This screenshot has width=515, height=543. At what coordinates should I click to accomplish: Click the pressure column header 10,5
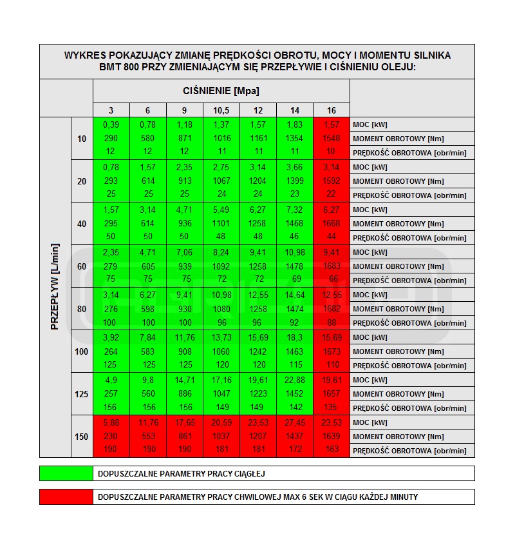[221, 110]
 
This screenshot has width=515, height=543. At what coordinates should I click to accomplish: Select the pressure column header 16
[332, 110]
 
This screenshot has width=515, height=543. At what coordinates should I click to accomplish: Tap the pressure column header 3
[111, 110]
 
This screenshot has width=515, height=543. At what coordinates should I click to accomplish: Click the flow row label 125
[82, 394]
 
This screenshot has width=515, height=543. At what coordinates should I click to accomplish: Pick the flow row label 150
[82, 437]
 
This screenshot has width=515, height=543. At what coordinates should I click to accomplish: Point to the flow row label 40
[82, 224]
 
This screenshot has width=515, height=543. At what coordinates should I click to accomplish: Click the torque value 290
[111, 139]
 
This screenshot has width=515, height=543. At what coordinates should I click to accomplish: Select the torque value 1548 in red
[332, 139]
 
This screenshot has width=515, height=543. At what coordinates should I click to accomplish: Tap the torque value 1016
[221, 139]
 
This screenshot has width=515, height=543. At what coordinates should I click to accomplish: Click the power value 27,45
[295, 422]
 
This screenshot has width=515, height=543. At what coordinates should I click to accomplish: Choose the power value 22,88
[295, 380]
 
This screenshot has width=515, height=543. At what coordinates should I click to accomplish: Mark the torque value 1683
[332, 266]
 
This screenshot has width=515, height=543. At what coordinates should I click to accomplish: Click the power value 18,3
[295, 337]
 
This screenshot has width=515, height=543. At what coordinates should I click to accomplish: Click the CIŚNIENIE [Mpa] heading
[221, 91]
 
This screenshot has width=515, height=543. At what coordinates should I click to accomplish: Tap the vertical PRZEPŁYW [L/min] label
[55, 288]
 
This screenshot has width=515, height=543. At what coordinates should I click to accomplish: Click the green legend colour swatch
[66, 473]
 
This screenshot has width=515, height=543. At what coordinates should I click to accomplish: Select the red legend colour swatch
[66, 497]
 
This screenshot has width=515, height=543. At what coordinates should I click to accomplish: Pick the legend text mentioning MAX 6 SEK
[257, 497]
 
